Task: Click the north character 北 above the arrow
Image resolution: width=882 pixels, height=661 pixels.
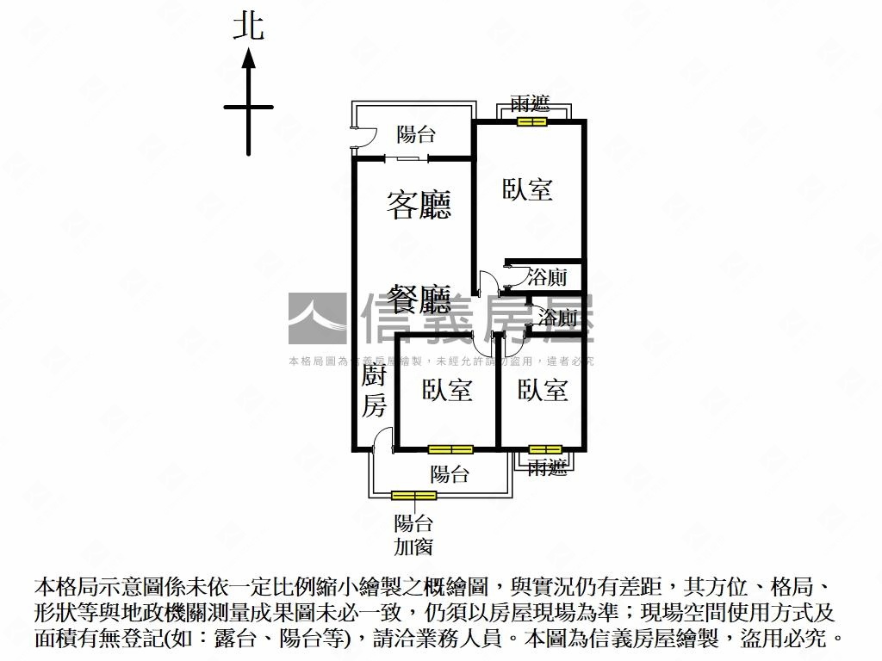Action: tap(248, 27)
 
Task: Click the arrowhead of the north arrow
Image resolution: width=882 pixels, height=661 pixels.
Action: tap(248, 59)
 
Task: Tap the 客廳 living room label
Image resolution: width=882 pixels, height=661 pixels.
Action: tap(419, 205)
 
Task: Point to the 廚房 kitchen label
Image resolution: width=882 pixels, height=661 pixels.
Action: tap(374, 391)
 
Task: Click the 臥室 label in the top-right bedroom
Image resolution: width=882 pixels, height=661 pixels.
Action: tap(528, 189)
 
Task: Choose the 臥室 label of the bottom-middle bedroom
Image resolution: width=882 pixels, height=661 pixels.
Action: tap(447, 390)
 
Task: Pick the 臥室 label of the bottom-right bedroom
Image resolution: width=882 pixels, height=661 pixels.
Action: tap(543, 390)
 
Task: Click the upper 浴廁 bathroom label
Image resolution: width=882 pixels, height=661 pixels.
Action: tap(547, 277)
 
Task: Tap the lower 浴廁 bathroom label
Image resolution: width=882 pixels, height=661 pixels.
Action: tap(557, 318)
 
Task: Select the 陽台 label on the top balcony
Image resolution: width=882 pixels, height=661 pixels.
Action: tap(416, 134)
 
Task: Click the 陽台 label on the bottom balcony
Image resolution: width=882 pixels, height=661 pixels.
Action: tap(450, 473)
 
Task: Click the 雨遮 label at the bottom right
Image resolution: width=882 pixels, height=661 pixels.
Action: tap(547, 468)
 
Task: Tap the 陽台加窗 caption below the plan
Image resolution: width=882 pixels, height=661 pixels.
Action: tap(413, 534)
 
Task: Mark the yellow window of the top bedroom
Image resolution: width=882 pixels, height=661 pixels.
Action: tap(531, 121)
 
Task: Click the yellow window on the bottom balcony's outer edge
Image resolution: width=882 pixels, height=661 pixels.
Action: tap(413, 495)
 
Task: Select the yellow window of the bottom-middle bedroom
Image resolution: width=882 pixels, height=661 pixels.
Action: tap(450, 449)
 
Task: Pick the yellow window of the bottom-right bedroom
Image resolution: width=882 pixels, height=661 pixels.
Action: tap(545, 449)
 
